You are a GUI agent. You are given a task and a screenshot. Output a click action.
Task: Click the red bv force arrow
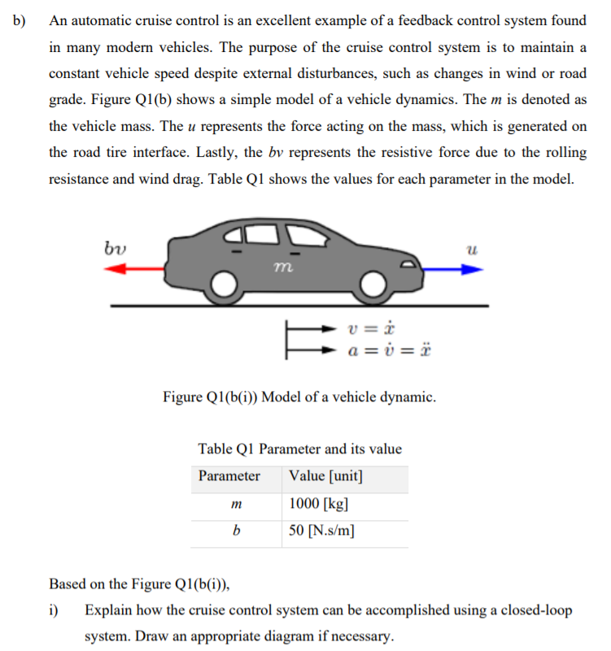point(134,271)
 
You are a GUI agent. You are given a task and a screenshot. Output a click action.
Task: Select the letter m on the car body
point(280,264)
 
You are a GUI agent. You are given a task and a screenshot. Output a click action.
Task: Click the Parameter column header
point(229,476)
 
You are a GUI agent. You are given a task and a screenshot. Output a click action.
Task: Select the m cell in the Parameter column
point(236,505)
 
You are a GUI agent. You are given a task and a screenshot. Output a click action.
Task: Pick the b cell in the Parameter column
point(236,532)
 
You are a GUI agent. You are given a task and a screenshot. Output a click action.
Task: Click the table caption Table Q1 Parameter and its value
point(299,449)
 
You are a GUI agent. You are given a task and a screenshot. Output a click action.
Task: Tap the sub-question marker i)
point(55,610)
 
